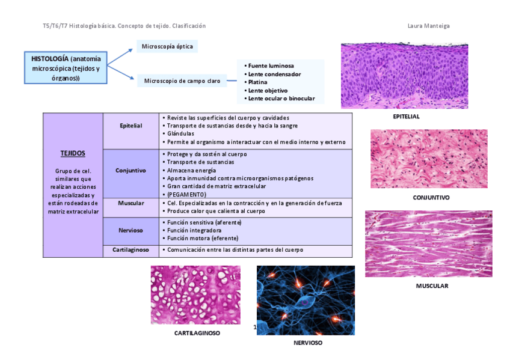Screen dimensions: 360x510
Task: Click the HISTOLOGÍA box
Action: point(66,68)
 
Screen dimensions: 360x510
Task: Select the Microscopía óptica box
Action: point(167,46)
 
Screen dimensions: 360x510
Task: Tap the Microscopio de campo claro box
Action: point(182,81)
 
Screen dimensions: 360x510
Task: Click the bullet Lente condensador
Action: point(272,74)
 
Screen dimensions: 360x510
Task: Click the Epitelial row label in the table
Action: point(131,126)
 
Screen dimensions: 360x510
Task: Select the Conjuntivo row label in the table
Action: point(131,170)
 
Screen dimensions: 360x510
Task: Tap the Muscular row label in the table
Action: point(131,203)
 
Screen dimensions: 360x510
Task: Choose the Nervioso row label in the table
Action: point(131,230)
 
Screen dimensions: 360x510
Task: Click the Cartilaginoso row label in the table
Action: point(131,249)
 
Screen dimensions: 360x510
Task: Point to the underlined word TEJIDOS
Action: point(73,153)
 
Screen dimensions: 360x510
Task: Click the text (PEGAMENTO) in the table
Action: point(186,195)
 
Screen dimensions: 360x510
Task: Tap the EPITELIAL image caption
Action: point(406,117)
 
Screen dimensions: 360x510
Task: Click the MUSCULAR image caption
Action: point(432,286)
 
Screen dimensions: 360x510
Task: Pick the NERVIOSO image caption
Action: point(308,343)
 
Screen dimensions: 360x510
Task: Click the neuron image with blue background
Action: point(306,300)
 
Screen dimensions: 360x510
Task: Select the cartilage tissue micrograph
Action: point(195,295)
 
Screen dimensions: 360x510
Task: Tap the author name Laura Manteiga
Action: point(428,26)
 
